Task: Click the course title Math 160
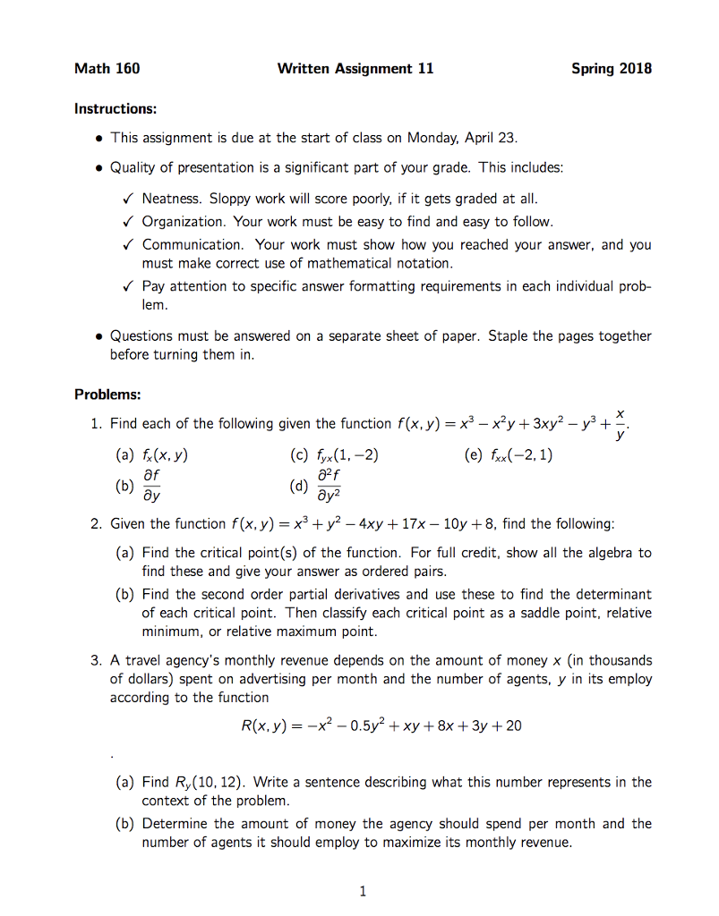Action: pyautogui.click(x=107, y=68)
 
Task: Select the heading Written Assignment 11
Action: pyautogui.click(x=355, y=68)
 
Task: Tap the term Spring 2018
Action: pyautogui.click(x=611, y=68)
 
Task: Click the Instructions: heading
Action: pyautogui.click(x=116, y=109)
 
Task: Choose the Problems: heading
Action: pyautogui.click(x=107, y=394)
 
